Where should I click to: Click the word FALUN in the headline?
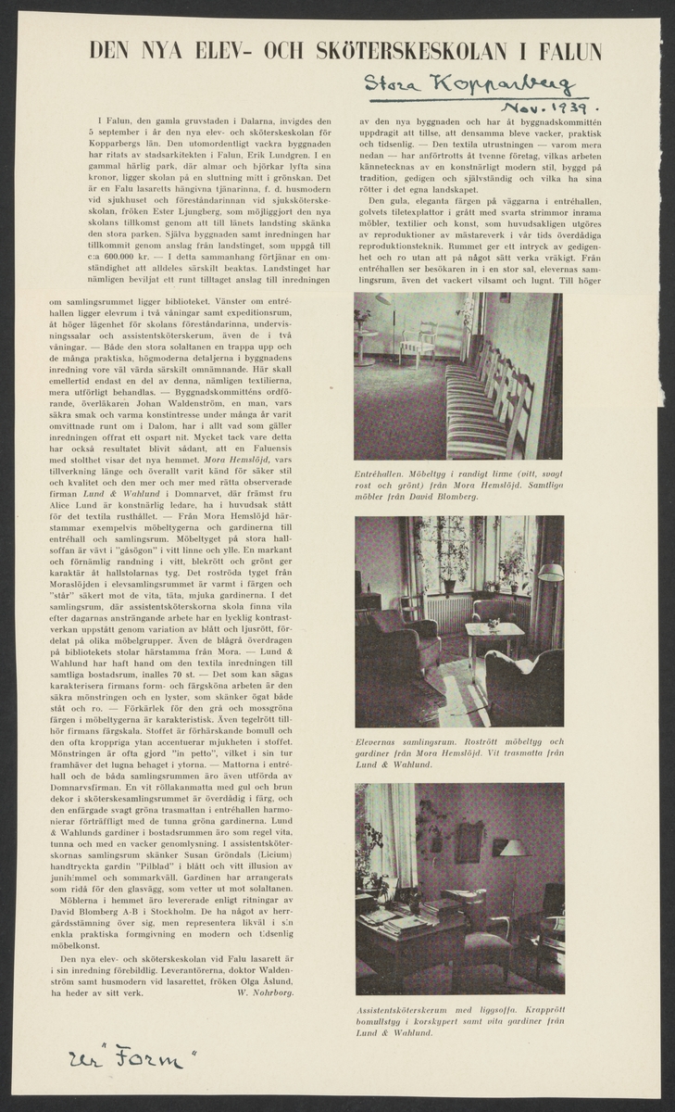pos(569,51)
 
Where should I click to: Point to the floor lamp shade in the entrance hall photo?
pos(382,298)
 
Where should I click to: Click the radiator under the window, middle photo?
pos(449,610)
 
